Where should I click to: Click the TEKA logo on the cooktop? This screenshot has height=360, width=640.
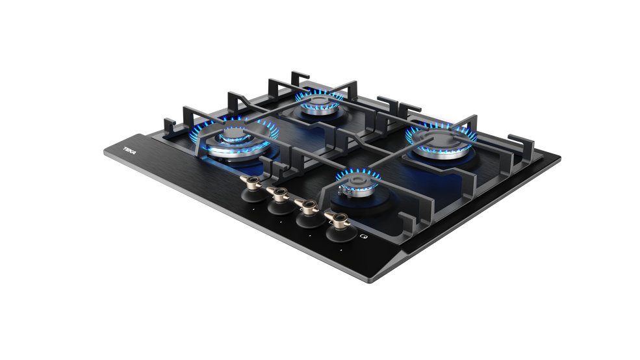click(130, 151)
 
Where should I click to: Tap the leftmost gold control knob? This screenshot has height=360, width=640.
click(250, 183)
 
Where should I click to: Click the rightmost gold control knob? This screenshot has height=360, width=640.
click(337, 220)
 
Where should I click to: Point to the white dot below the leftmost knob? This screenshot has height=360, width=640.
click(253, 209)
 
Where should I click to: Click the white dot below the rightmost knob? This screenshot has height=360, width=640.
click(341, 250)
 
